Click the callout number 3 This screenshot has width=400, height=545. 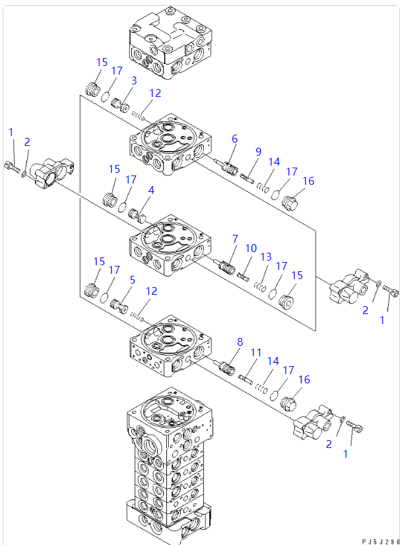(133, 80)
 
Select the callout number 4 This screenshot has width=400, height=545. (150, 190)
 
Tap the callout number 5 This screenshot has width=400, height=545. (132, 280)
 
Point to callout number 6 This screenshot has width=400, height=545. (234, 139)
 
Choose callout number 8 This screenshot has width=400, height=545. (240, 342)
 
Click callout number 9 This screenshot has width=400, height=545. (259, 151)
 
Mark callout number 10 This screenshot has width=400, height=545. (251, 248)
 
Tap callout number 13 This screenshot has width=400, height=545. (266, 257)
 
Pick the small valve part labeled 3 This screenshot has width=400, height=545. (120, 104)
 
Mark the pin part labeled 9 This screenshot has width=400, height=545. (249, 177)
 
